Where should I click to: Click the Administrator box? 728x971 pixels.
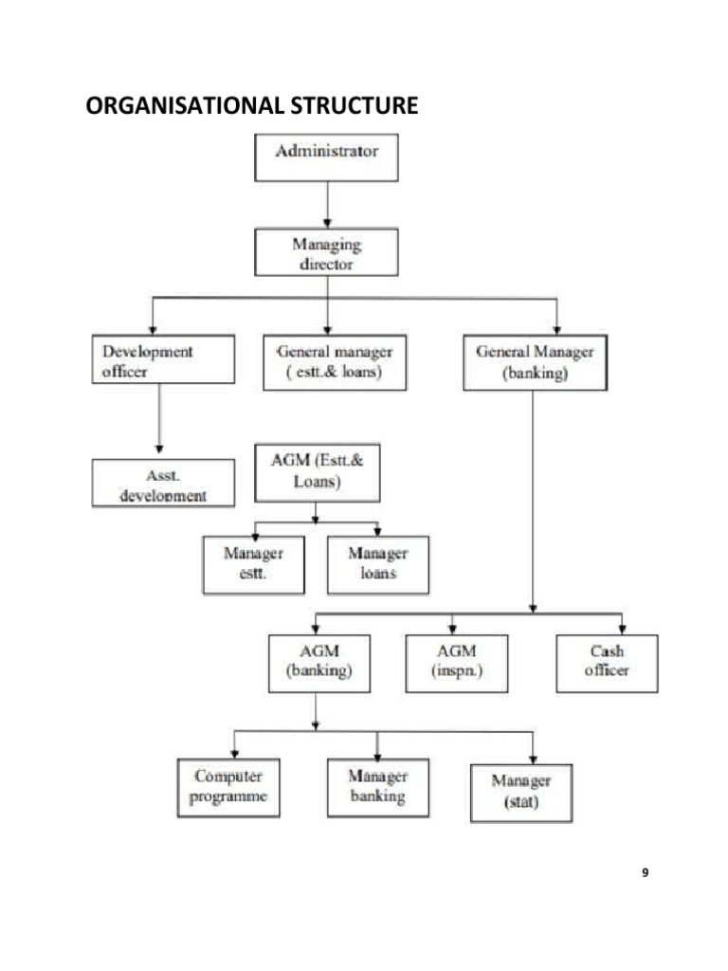(x=326, y=157)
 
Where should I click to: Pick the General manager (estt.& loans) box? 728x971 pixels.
(x=335, y=361)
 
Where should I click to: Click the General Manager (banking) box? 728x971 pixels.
(x=535, y=362)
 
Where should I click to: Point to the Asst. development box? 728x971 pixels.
(x=163, y=483)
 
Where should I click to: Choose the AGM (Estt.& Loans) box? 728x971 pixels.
(x=318, y=471)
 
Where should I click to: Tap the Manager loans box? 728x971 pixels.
(x=377, y=564)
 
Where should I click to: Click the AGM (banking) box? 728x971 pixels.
(x=318, y=662)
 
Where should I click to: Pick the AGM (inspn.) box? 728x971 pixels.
(x=456, y=662)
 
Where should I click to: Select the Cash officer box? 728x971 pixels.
(x=605, y=662)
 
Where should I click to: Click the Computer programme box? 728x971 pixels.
(x=228, y=787)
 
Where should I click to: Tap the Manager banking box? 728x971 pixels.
(x=377, y=787)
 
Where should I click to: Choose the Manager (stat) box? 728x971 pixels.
(x=521, y=792)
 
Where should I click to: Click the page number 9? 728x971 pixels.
(x=646, y=872)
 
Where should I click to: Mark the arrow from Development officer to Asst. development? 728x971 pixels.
(x=158, y=417)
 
